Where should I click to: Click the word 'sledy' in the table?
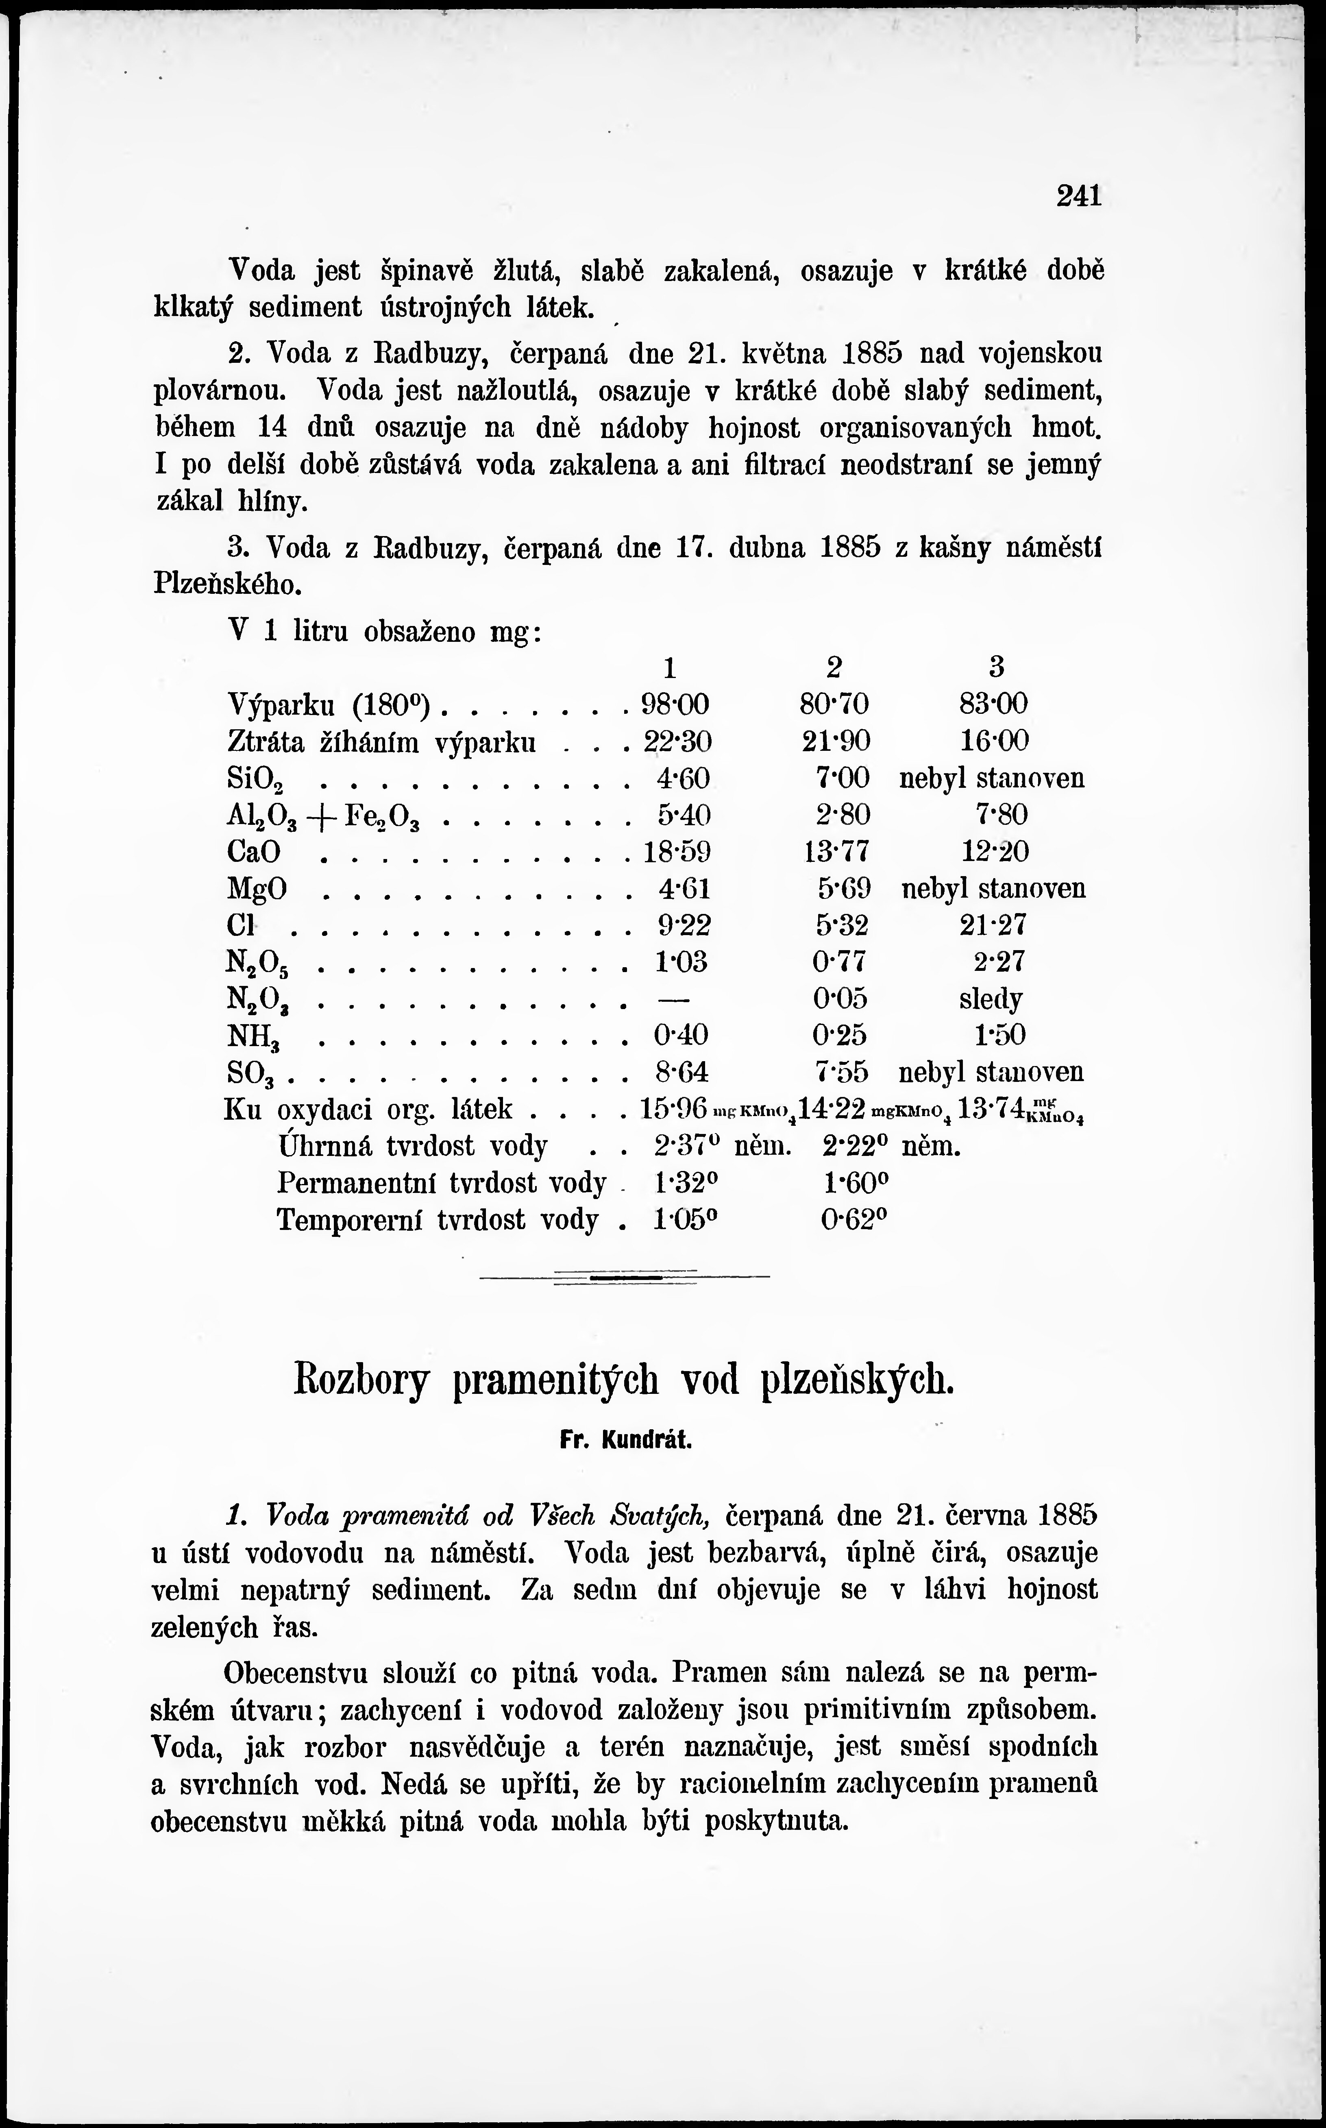[x=991, y=999]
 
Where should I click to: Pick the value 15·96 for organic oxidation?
[x=673, y=1109]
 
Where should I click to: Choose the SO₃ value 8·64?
[x=681, y=1072]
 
